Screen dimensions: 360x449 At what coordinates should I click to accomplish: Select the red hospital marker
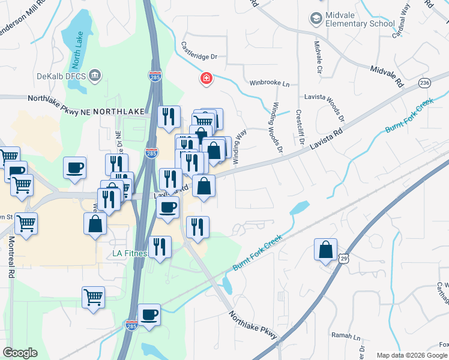206,79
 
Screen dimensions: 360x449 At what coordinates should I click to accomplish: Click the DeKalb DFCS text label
61,76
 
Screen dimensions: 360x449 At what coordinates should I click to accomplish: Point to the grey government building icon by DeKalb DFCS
95,76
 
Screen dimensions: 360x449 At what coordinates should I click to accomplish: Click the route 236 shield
425,82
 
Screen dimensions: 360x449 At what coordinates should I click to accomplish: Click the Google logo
20,353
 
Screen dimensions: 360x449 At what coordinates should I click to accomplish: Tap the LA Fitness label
130,254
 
